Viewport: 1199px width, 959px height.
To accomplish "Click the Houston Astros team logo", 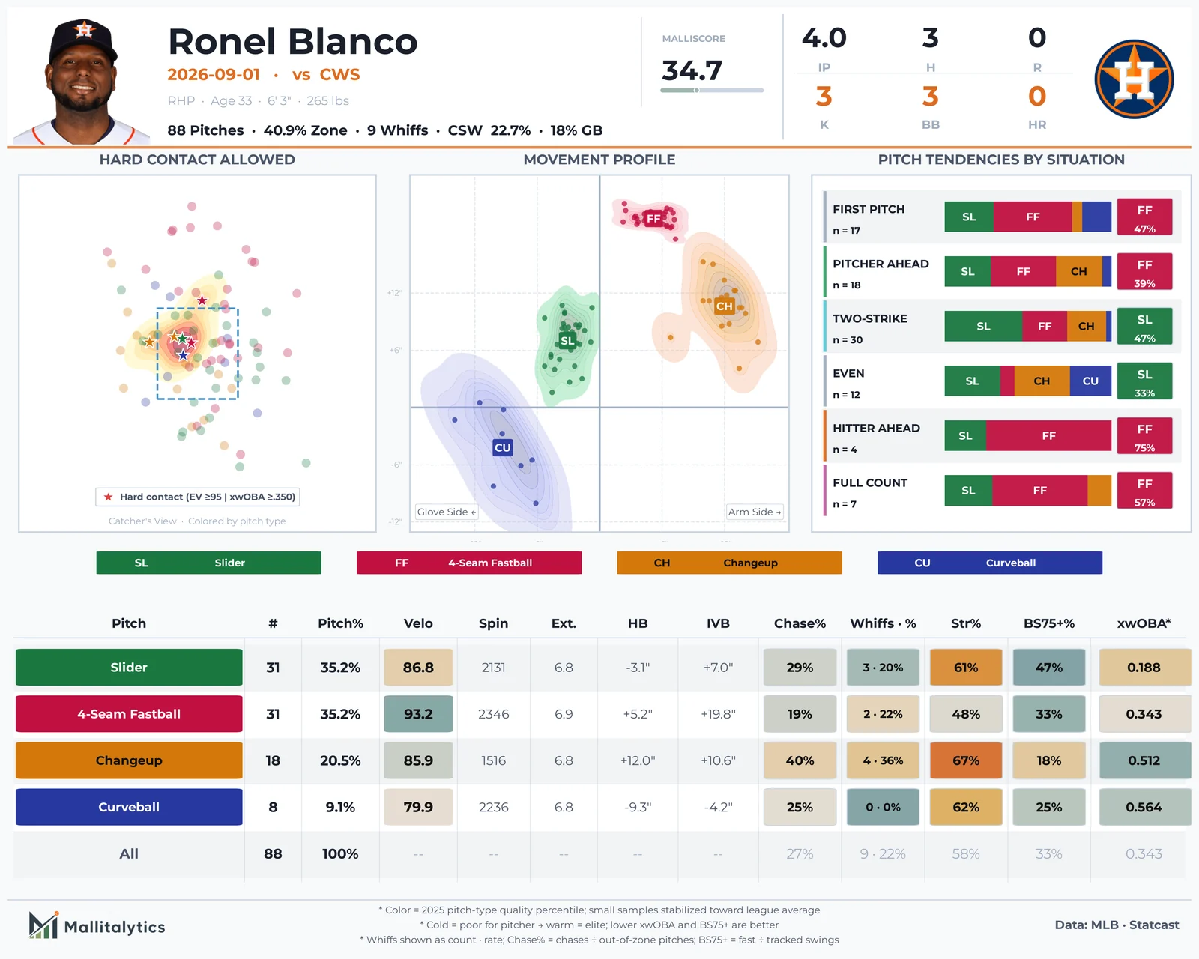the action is coord(1134,79).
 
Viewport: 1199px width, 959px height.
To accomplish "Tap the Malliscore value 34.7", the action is coord(692,70).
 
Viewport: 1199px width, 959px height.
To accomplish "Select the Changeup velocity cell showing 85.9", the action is coord(418,760).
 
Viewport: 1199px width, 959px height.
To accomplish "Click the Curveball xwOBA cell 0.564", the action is coord(1144,807).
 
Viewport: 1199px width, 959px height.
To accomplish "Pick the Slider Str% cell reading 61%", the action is coord(965,667).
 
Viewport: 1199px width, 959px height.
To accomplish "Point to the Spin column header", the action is coord(493,623).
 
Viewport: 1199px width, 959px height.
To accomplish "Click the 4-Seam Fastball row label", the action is coord(129,714).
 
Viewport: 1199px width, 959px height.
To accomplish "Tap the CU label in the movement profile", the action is coord(502,447).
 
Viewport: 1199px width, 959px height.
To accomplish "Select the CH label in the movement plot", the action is coord(724,306).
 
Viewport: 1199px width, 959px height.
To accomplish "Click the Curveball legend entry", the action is coord(989,563).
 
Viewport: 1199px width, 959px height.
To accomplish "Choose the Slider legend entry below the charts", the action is coord(208,563).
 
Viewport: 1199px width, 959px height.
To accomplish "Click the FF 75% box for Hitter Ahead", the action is coord(1144,436).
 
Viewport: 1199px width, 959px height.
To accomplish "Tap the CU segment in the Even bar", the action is coord(1090,381).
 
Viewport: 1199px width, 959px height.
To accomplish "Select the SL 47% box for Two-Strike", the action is coord(1144,327).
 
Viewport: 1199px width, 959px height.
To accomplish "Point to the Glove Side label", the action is coord(447,512).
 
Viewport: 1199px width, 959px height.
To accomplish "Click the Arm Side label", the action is coord(755,512).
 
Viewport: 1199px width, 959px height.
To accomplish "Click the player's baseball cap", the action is coord(83,40).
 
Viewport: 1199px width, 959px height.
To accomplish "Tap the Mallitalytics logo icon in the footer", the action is coord(43,925).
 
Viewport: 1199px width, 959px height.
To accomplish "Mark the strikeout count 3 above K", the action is coord(824,97).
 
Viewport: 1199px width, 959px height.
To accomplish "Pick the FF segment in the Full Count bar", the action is coord(1039,491).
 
